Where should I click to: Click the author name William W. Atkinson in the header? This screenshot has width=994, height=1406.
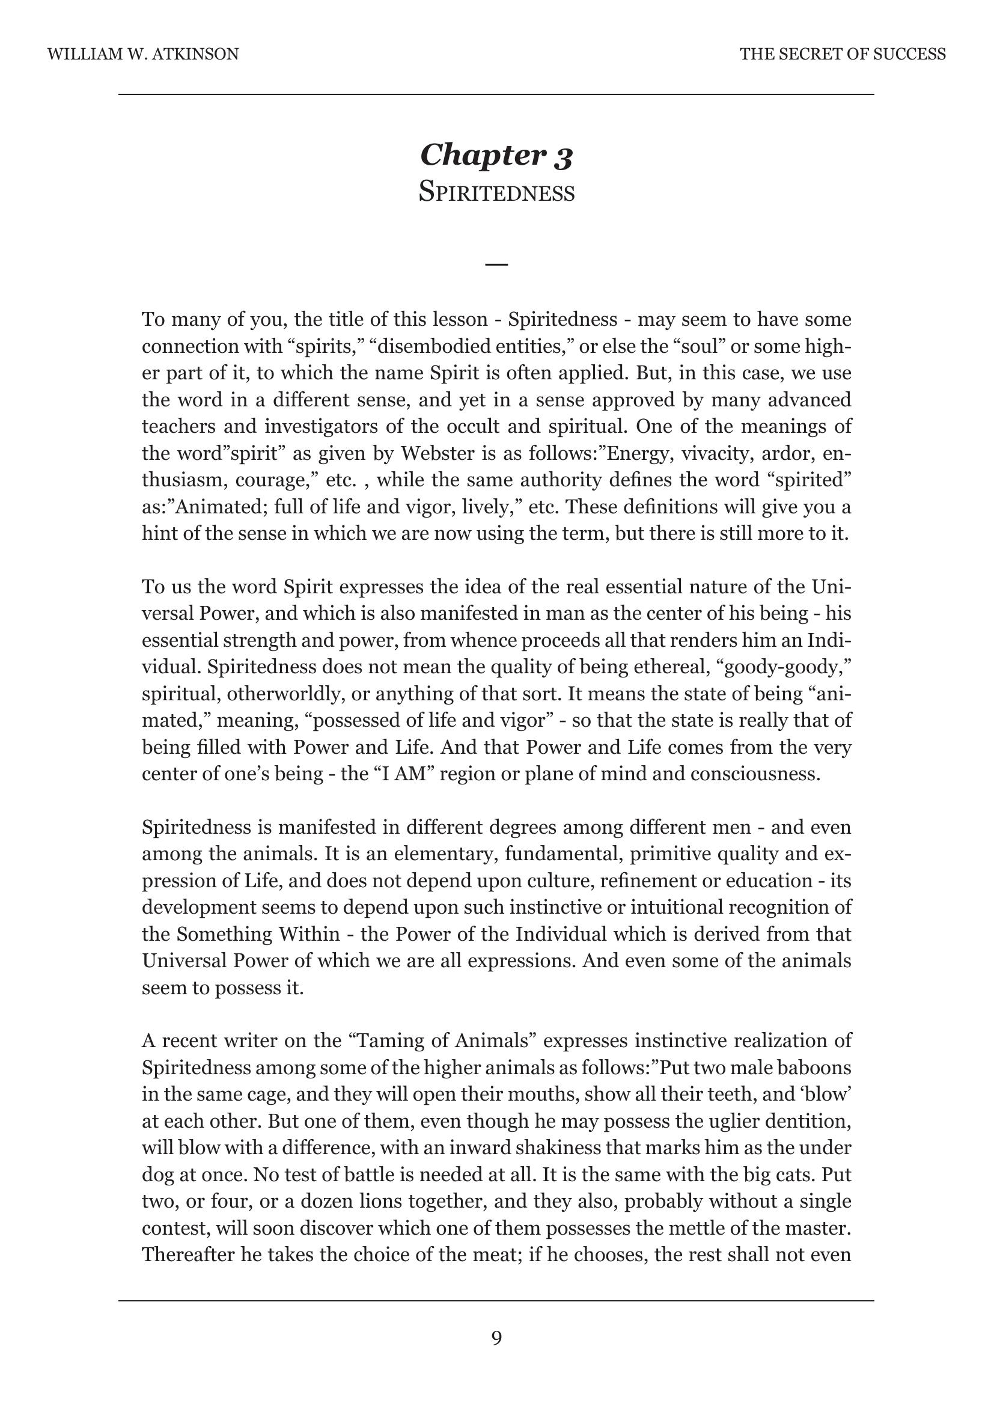pyautogui.click(x=142, y=55)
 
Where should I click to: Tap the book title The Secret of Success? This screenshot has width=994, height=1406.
pyautogui.click(x=842, y=55)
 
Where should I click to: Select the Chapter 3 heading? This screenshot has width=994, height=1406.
pyautogui.click(x=496, y=155)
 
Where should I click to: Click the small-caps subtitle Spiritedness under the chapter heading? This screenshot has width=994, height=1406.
pyautogui.click(x=496, y=193)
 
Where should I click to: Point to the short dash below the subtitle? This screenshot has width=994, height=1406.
pyautogui.click(x=496, y=264)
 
